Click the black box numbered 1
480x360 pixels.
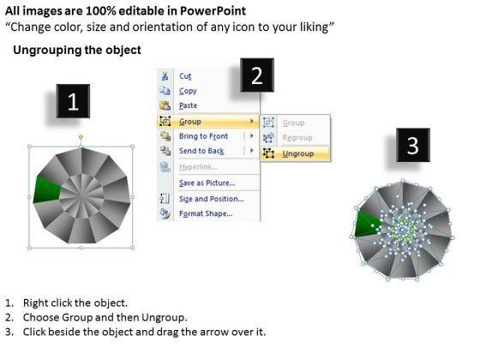pyautogui.click(x=73, y=101)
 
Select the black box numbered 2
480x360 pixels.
pyautogui.click(x=257, y=75)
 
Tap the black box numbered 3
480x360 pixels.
pyautogui.click(x=413, y=145)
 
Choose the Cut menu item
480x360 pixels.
pyautogui.click(x=185, y=76)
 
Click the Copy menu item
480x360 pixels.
pyautogui.click(x=188, y=91)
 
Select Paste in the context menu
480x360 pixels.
pyautogui.click(x=189, y=105)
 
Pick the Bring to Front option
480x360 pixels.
pyautogui.click(x=204, y=136)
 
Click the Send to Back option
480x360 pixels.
pyautogui.click(x=201, y=151)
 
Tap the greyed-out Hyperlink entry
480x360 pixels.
pyautogui.click(x=198, y=167)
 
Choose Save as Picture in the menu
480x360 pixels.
pyautogui.click(x=207, y=183)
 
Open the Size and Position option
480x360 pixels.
pyautogui.click(x=212, y=199)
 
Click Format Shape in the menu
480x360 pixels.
pyautogui.click(x=206, y=213)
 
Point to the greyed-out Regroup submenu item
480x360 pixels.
pyautogui.click(x=297, y=138)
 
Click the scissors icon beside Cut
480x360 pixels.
pyautogui.click(x=165, y=76)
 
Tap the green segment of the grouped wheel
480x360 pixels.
pyautogui.click(x=46, y=189)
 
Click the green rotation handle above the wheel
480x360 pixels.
pyautogui.click(x=81, y=136)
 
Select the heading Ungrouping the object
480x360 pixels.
pyautogui.click(x=77, y=50)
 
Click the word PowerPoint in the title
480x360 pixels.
pyautogui.click(x=213, y=11)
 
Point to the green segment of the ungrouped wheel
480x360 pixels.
pyautogui.click(x=367, y=225)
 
